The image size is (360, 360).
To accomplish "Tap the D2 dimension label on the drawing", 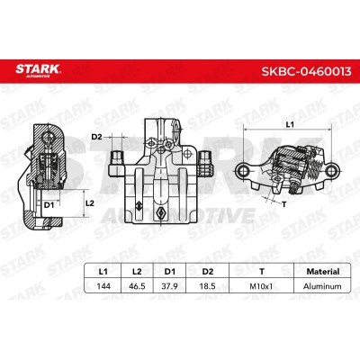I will point(96,137).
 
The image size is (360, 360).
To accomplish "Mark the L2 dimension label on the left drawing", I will point(89,203).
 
